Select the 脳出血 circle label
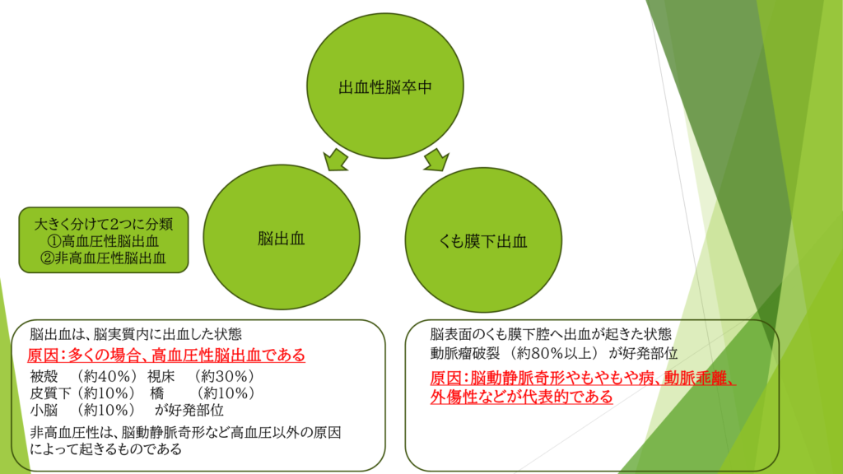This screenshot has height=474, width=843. click(281, 239)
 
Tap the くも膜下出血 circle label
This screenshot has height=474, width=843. click(483, 241)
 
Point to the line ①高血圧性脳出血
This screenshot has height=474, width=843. click(104, 241)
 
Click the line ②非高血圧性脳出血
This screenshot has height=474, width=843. click(104, 258)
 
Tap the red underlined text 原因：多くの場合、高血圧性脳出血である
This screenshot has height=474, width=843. click(166, 355)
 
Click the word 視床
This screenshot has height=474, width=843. click(161, 377)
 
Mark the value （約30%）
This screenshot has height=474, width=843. click(223, 377)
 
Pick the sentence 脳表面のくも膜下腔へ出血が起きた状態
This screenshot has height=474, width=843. click(551, 335)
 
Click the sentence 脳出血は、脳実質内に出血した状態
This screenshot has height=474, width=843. click(136, 335)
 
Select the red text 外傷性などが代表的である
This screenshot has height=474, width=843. click(521, 397)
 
